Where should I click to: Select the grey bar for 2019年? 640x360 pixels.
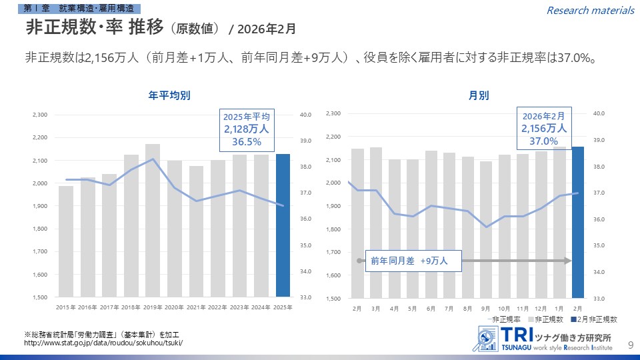(x=153, y=220)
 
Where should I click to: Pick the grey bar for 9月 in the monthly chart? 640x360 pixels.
(x=486, y=230)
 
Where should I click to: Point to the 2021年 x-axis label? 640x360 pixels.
(x=196, y=307)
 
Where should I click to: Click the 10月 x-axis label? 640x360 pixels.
(x=504, y=309)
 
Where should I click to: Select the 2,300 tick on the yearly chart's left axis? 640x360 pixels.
(x=39, y=115)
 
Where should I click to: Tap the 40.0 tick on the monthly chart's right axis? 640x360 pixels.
(x=599, y=114)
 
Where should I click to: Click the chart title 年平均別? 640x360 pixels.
(x=169, y=95)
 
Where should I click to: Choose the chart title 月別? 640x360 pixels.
(x=478, y=95)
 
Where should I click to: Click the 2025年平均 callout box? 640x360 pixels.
(x=246, y=129)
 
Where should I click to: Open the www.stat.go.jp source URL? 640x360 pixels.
(x=103, y=343)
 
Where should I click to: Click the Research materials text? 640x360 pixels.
(x=590, y=10)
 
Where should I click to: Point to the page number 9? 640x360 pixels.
(x=631, y=344)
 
